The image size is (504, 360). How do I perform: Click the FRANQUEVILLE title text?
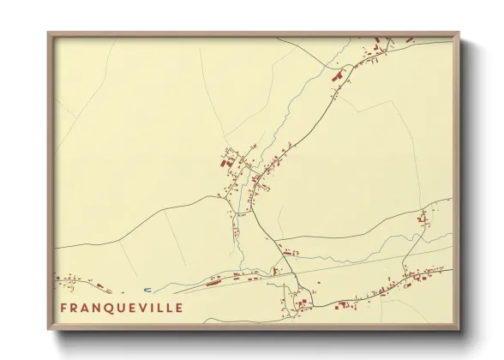[121, 307]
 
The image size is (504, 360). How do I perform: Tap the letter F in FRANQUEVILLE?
[64, 307]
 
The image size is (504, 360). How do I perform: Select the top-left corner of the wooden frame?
[48, 33]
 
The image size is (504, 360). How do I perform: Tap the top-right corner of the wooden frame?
[459, 33]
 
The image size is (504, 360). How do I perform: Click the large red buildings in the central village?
[228, 160]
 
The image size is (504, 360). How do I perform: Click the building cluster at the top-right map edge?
[381, 43]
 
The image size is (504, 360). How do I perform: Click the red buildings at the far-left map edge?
[64, 278]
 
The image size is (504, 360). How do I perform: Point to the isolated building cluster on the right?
[423, 218]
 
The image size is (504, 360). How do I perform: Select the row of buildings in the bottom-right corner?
[420, 276]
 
